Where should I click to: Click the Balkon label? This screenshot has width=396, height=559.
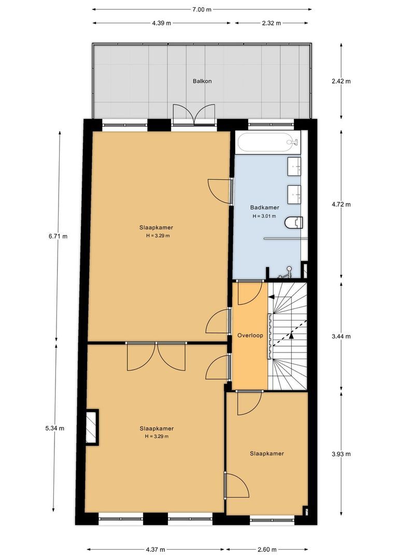[x=202, y=81]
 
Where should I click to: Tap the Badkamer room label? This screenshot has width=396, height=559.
[x=264, y=207]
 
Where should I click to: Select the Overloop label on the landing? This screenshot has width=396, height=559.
[x=250, y=335]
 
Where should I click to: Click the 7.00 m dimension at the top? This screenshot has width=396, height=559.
[x=202, y=10]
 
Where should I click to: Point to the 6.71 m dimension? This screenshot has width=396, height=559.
[x=58, y=236]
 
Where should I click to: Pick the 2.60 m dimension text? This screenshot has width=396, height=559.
[x=266, y=549]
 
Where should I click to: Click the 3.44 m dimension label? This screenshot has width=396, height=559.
[x=341, y=336]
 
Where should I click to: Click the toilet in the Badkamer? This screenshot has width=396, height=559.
[x=294, y=223]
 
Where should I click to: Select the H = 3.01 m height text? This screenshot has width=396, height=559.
[x=264, y=216]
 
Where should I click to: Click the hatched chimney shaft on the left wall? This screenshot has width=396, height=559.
[x=92, y=426]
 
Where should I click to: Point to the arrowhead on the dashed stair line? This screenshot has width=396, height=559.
[x=291, y=335]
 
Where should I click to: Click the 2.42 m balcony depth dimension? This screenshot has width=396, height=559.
[x=341, y=81]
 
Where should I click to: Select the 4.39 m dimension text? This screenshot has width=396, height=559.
[x=161, y=23]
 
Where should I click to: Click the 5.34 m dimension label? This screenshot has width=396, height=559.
[x=54, y=428]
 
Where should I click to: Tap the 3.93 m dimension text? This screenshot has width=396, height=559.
[x=341, y=454]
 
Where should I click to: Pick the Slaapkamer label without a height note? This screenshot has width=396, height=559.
[x=267, y=453]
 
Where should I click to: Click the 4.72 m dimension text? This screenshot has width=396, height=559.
[x=341, y=204]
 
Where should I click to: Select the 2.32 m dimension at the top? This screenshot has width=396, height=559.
[x=272, y=23]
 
